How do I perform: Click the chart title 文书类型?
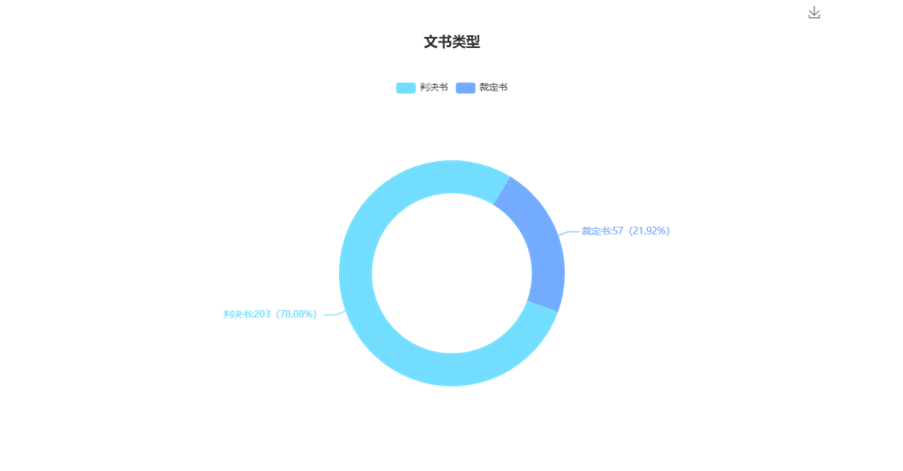tap(452, 41)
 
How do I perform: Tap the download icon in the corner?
tap(814, 12)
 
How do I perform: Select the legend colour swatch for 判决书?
tap(405, 88)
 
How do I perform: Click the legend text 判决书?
tap(433, 87)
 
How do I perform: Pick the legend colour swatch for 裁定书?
tap(465, 88)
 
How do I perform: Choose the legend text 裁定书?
tap(493, 87)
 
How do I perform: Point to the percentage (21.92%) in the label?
tap(650, 231)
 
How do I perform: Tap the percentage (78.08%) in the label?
tap(296, 315)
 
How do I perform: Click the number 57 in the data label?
tap(617, 231)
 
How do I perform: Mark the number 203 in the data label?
tap(262, 315)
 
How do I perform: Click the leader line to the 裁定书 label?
tap(569, 232)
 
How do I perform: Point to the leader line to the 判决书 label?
tap(332, 315)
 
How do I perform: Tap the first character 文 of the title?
tap(430, 41)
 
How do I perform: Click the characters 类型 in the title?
tap(466, 41)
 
